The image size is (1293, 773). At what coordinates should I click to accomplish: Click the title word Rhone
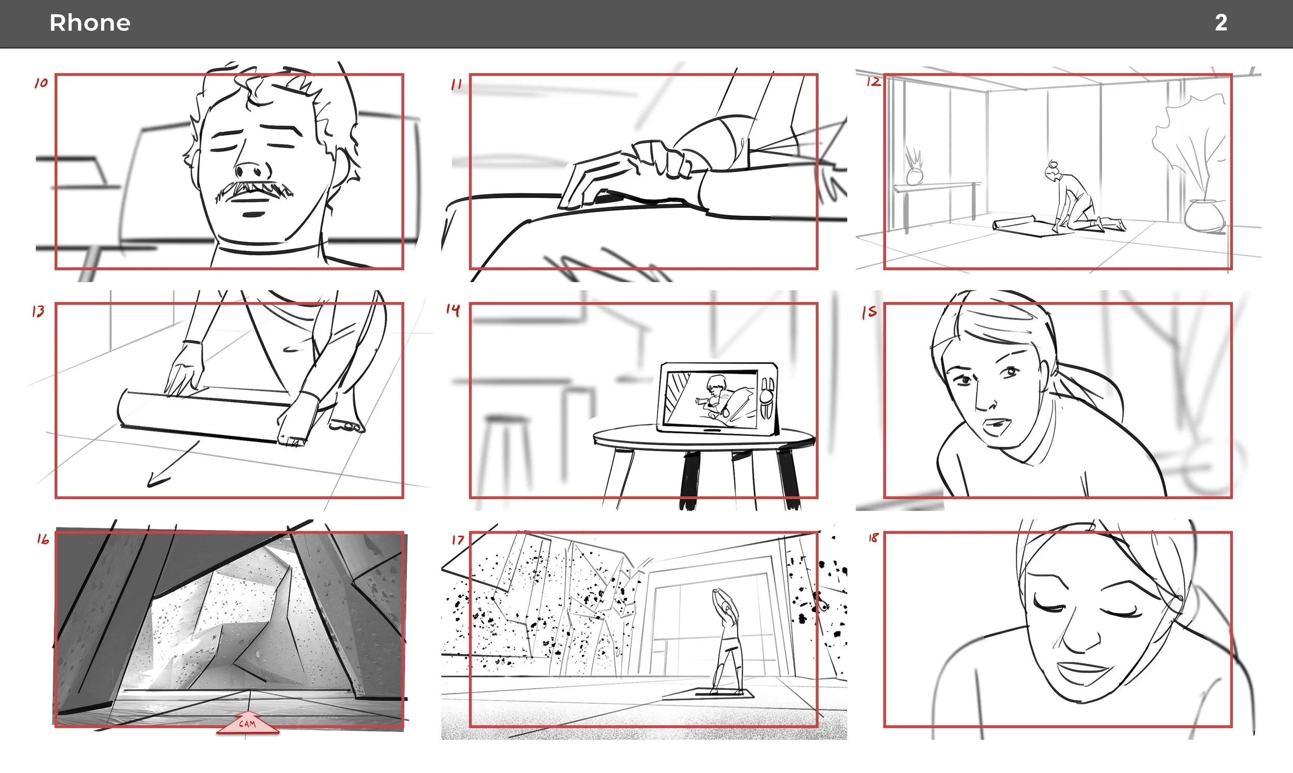[89, 23]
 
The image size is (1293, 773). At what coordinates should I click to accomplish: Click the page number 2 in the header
[1221, 23]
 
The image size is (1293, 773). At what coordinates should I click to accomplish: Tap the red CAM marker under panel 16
[247, 723]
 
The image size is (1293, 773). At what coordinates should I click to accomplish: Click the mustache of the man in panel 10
[254, 191]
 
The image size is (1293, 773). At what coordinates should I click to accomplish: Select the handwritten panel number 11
[456, 84]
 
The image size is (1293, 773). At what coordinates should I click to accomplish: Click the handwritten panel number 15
[869, 312]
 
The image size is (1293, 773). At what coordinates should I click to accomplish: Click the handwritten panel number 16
[43, 539]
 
